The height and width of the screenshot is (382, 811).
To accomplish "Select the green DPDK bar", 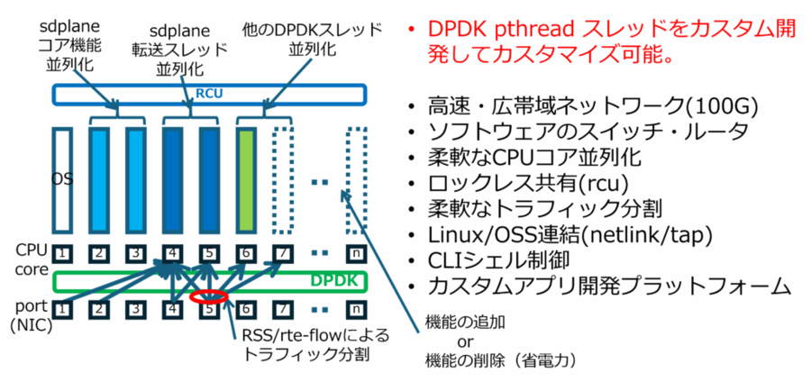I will tap(209, 281).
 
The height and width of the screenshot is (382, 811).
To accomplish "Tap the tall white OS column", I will tap(61, 181).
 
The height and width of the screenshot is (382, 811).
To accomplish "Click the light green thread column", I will tap(246, 181).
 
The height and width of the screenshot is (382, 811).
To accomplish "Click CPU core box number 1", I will tap(61, 254).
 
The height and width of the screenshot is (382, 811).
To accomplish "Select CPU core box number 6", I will tap(246, 254).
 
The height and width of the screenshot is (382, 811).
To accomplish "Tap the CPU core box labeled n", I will tap(357, 254).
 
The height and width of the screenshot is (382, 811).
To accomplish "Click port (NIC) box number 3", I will tap(135, 310).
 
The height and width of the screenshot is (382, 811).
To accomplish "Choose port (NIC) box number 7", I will tap(283, 310).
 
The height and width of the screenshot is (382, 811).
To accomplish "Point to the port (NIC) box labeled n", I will tap(357, 310).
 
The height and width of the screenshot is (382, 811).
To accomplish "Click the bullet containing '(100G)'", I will tap(586, 105).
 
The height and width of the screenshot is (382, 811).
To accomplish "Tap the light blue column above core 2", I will tap(98, 181).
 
